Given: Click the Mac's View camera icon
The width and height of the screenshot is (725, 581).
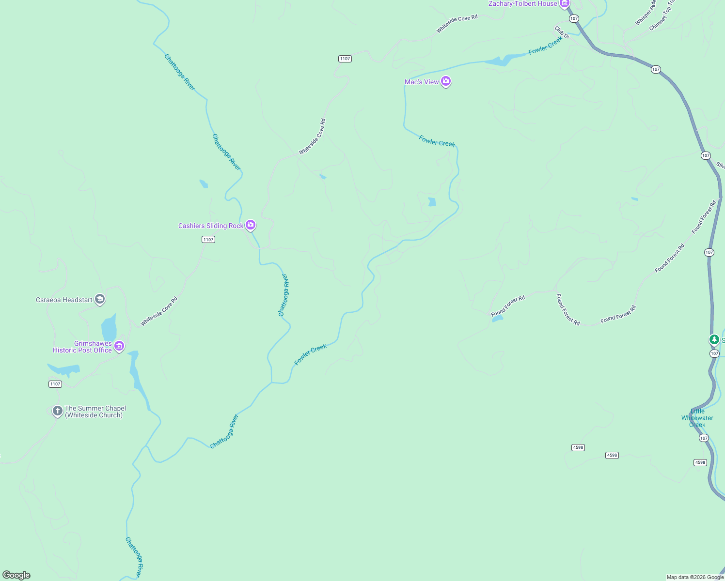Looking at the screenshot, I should click(x=446, y=81).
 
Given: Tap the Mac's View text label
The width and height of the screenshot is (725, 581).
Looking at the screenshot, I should click(x=422, y=82).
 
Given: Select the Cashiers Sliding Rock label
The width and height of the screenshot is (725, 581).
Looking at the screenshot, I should click(x=211, y=226).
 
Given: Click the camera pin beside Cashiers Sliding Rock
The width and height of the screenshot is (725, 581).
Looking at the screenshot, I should click(x=251, y=225).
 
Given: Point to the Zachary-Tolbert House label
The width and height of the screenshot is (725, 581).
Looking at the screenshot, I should click(x=522, y=4).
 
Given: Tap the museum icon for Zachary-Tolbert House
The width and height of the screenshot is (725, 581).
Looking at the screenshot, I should click(x=564, y=3).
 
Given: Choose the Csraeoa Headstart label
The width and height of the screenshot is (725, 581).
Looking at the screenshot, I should click(x=64, y=300).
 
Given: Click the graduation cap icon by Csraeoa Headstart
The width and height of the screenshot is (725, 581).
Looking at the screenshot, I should click(x=100, y=299).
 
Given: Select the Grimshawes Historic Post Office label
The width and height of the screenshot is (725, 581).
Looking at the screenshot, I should click(x=82, y=347).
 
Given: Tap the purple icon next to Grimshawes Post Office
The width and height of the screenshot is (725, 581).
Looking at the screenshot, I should click(x=119, y=346).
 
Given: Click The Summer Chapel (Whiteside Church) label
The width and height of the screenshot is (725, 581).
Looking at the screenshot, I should click(x=95, y=412).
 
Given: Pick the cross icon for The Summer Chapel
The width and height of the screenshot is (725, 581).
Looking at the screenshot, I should click(x=58, y=411).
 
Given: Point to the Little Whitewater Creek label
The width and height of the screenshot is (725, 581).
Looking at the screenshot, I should click(x=697, y=418).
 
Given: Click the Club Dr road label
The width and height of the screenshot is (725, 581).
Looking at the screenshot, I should click(x=562, y=32).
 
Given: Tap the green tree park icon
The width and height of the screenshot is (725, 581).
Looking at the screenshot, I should click(x=714, y=339).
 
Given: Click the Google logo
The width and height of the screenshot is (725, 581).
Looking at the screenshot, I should click(x=16, y=575).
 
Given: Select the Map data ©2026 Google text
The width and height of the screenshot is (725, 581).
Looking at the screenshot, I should click(x=695, y=577).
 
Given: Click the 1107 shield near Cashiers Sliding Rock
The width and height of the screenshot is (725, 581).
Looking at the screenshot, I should click(x=208, y=240).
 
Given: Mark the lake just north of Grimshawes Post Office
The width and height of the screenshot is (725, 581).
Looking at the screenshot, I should click(x=109, y=328).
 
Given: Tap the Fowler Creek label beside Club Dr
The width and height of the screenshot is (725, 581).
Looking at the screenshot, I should click(x=545, y=46).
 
